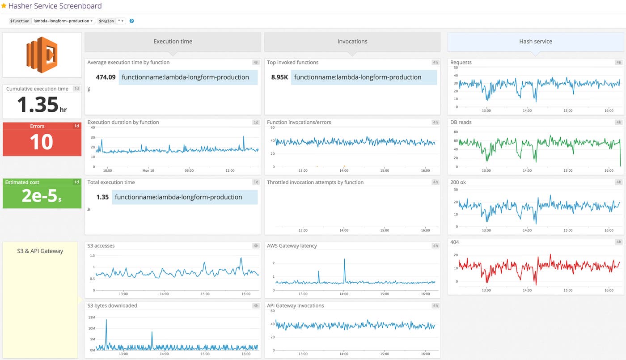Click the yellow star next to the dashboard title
click(x=4, y=6)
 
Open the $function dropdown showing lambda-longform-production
click(x=63, y=21)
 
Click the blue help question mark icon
click(x=131, y=21)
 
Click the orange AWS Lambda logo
click(x=42, y=55)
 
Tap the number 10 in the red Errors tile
click(x=42, y=142)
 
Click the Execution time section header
click(x=173, y=42)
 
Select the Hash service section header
click(x=535, y=42)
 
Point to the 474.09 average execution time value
click(x=106, y=77)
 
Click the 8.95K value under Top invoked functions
click(x=279, y=77)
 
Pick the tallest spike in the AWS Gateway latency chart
click(x=344, y=259)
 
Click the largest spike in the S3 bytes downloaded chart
click(x=106, y=320)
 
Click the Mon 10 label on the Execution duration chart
click(x=148, y=170)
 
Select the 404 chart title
click(x=454, y=242)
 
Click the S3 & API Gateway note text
click(x=40, y=251)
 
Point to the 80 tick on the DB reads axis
click(x=456, y=132)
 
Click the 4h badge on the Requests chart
click(x=618, y=63)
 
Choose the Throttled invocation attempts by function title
click(x=315, y=182)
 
